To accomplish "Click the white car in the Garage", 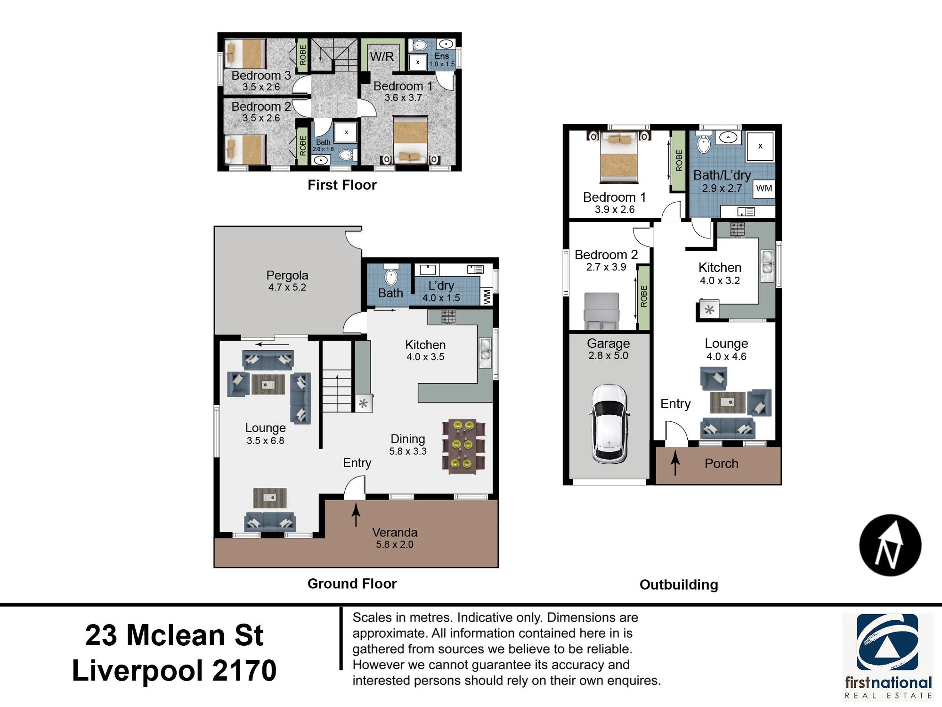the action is point(609,424).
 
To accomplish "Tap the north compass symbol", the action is point(890,545).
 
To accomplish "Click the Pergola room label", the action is point(287,281).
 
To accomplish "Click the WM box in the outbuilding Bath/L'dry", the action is point(764,188).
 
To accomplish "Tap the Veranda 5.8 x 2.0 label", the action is point(395,538).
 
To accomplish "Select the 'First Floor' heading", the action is point(342,185).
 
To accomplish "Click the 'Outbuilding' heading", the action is point(679,584).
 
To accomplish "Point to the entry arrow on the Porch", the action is point(675,462).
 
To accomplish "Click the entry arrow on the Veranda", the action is point(356,514).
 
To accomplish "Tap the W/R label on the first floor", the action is point(382,57).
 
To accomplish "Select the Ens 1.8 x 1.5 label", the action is point(442,60).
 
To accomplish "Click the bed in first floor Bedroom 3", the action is point(244,54).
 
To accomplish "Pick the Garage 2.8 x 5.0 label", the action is point(608,349).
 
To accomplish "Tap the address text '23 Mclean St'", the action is point(174,635).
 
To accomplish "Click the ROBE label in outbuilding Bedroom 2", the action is point(644,296).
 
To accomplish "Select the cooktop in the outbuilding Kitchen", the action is point(738,230).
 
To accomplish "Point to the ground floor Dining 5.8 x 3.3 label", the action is point(408,444).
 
